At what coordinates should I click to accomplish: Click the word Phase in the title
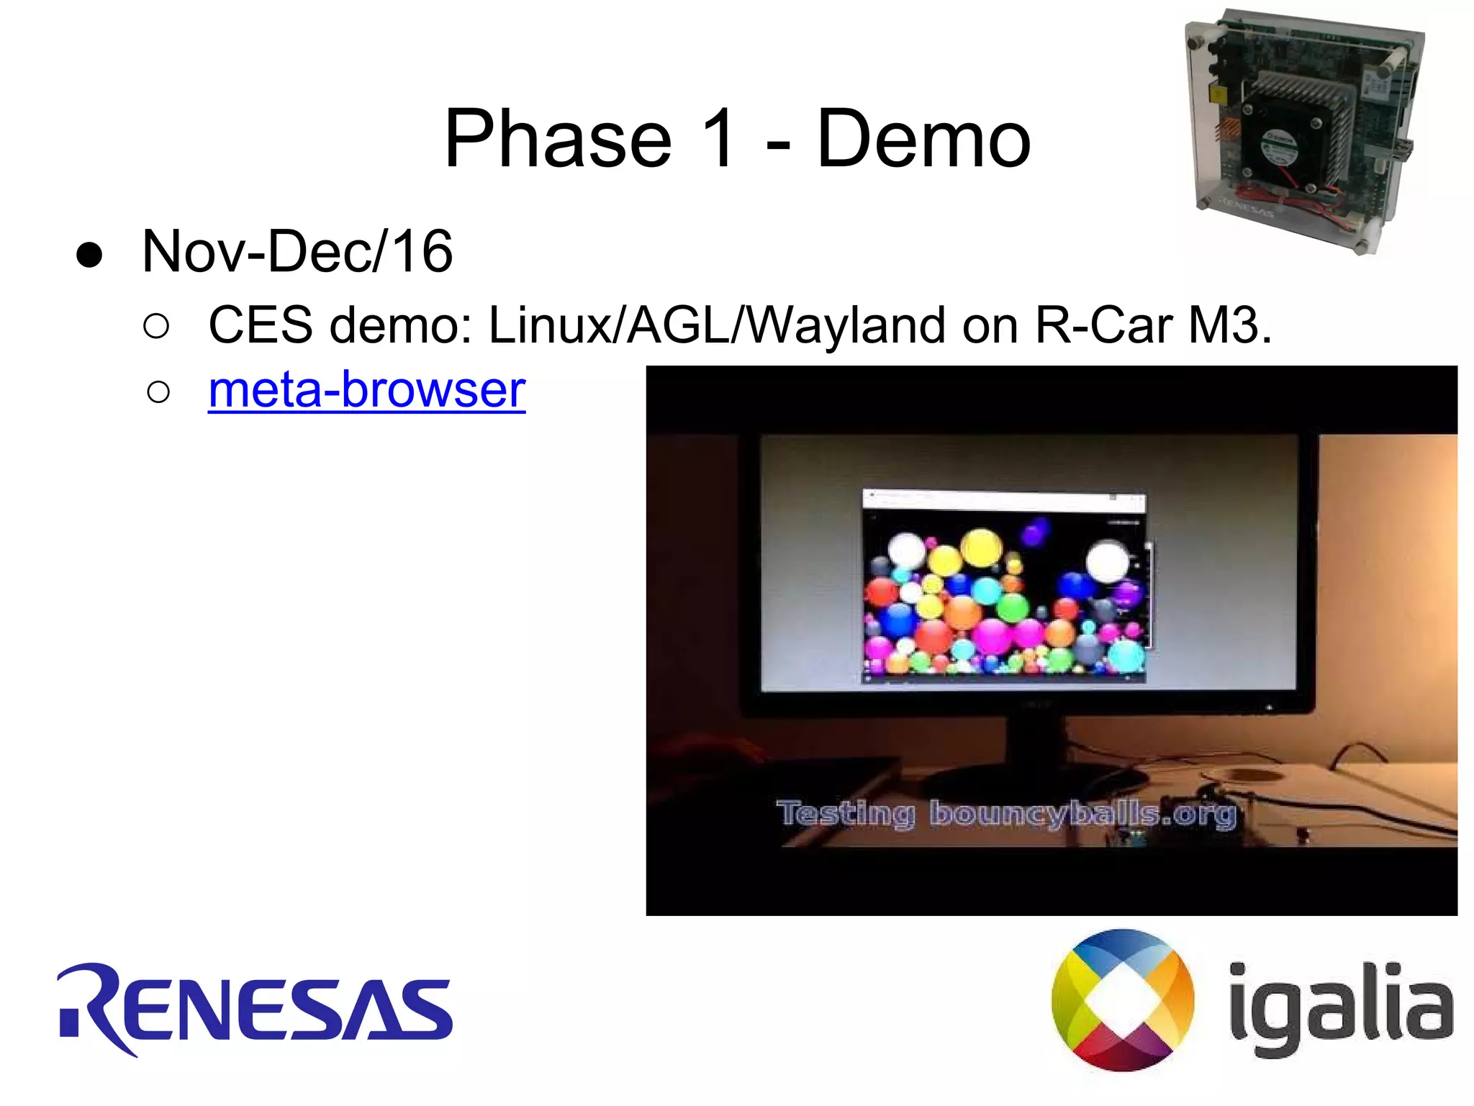[558, 138]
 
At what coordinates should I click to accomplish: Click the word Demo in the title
[923, 138]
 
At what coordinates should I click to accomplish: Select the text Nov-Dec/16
[297, 252]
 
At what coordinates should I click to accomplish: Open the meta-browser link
[366, 389]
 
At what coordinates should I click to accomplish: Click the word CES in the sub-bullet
[261, 325]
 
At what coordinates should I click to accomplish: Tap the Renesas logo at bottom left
[256, 1009]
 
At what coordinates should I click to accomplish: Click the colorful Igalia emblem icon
[1122, 1000]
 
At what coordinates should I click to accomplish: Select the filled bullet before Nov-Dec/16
[89, 256]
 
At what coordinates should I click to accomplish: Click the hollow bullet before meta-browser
[158, 393]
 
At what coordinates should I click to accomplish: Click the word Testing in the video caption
[846, 814]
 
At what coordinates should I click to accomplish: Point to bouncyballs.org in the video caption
[1082, 814]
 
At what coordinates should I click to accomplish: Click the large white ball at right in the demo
[1107, 561]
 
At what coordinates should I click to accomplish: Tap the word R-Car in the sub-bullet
[1104, 325]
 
